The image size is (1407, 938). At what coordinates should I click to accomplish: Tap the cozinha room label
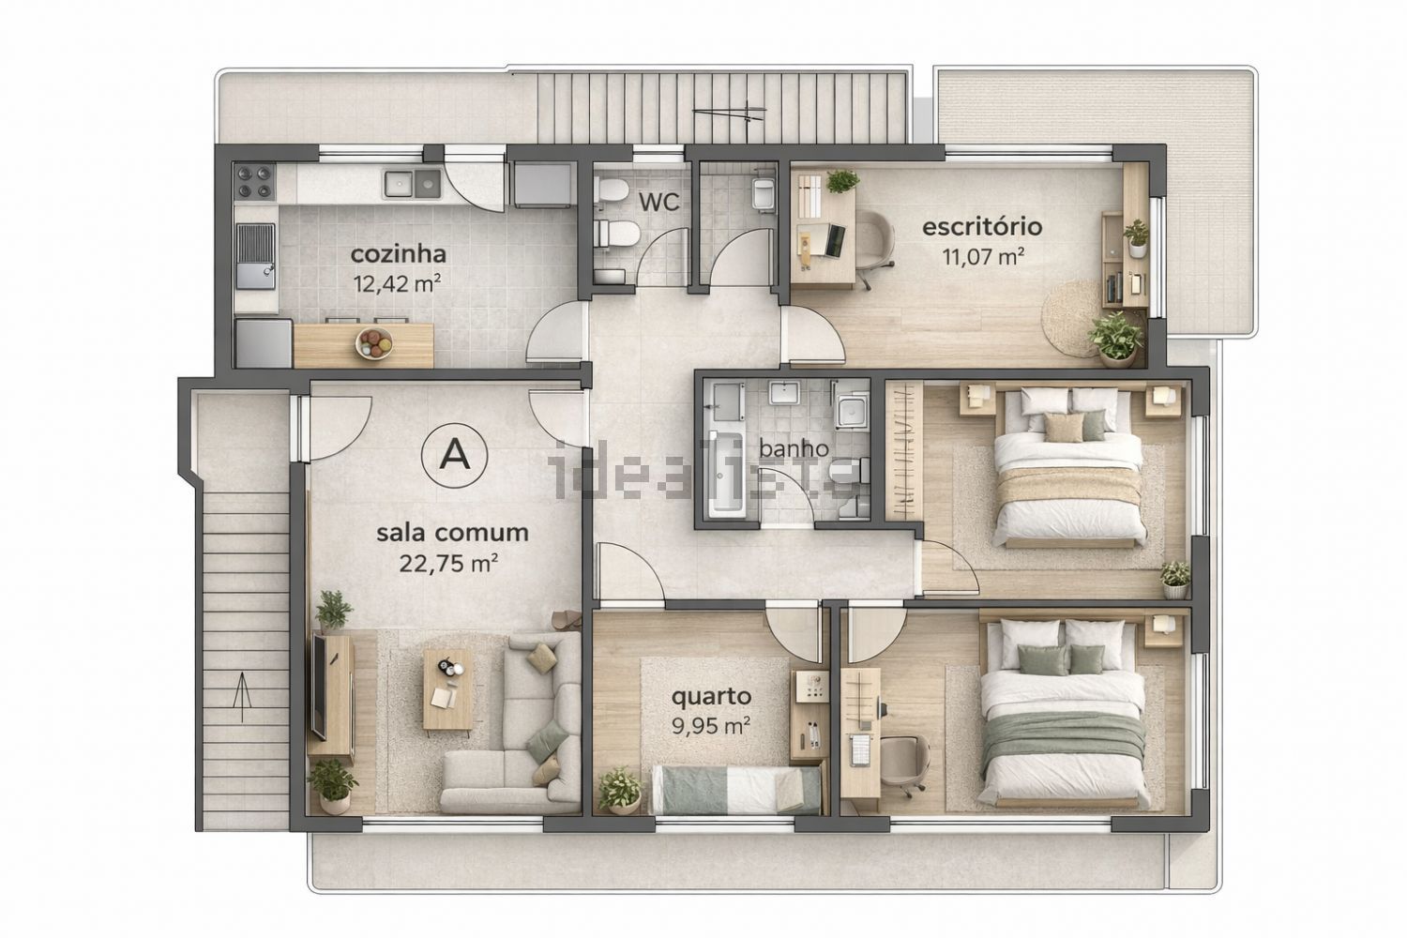pyautogui.click(x=399, y=254)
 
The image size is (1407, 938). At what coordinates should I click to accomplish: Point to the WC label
pyautogui.click(x=658, y=203)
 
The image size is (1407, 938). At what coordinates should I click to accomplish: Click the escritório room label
pyautogui.click(x=982, y=227)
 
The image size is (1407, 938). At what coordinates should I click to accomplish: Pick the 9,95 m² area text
pyautogui.click(x=711, y=726)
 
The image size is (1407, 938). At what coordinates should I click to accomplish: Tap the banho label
pyautogui.click(x=794, y=448)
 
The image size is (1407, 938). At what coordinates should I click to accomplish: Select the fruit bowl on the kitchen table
pyautogui.click(x=374, y=343)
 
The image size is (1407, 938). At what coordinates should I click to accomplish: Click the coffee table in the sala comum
pyautogui.click(x=447, y=689)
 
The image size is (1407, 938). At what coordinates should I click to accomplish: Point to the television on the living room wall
pyautogui.click(x=319, y=688)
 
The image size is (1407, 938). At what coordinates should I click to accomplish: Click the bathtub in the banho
pyautogui.click(x=727, y=474)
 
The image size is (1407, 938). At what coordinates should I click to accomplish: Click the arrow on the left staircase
pyautogui.click(x=242, y=697)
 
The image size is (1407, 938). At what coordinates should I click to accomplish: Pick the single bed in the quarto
pyautogui.click(x=735, y=789)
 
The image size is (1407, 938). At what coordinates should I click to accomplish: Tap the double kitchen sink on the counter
pyautogui.click(x=412, y=184)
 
